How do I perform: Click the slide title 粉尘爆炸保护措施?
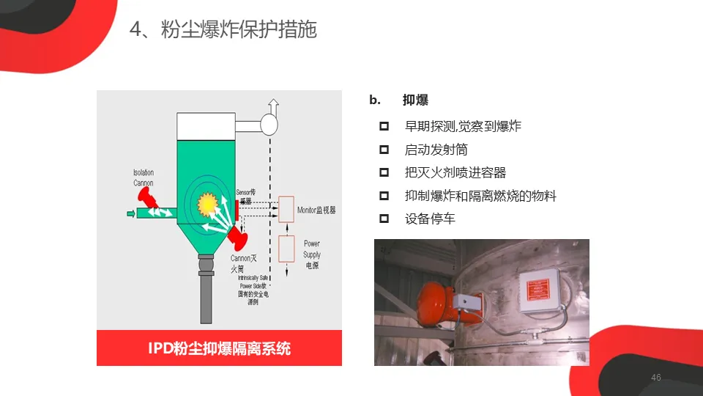[x=223, y=29]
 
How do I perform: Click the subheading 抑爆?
[x=415, y=100]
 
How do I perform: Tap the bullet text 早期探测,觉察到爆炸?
[x=463, y=126]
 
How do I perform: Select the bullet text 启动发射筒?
[x=436, y=150]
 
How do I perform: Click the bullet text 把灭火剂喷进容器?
[x=455, y=173]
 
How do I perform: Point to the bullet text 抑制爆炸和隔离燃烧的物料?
[x=480, y=196]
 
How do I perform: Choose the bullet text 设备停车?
[x=430, y=219]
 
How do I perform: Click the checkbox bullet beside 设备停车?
[x=384, y=219]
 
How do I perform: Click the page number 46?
[x=655, y=378]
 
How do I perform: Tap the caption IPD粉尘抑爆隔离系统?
[x=219, y=348]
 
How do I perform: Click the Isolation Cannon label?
[x=144, y=177]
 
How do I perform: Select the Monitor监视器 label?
[x=316, y=210]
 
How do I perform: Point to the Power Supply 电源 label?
[x=312, y=254]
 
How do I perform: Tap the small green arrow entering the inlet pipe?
[x=131, y=213]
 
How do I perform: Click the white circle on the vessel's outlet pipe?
[x=269, y=125]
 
